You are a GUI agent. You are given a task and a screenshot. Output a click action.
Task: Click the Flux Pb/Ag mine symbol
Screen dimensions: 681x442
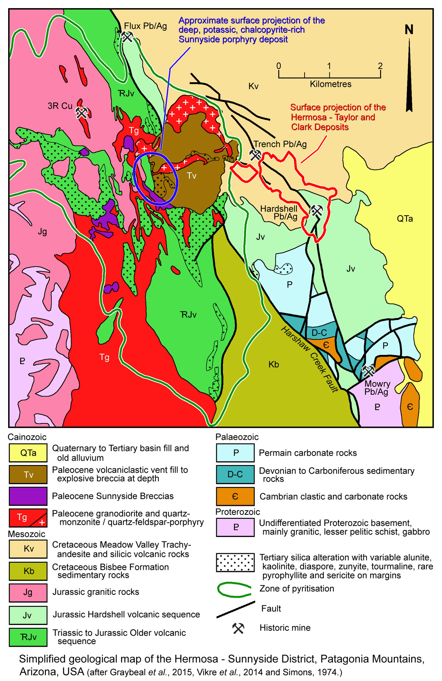tap(127, 36)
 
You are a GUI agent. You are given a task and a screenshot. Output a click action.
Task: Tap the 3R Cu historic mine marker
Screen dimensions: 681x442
tap(81, 112)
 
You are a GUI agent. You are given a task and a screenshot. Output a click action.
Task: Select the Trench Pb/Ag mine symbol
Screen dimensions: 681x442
tap(255, 154)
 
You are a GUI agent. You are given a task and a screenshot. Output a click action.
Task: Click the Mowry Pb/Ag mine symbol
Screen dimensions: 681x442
tap(368, 371)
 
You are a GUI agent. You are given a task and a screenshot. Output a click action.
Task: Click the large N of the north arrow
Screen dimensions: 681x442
tap(409, 30)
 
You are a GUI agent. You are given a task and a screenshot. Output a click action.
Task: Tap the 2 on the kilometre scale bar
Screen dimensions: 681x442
tap(380, 66)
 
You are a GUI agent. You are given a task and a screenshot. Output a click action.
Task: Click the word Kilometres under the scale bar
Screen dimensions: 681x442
tap(330, 84)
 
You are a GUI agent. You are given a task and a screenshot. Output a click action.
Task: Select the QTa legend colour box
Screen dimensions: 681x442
tap(28, 453)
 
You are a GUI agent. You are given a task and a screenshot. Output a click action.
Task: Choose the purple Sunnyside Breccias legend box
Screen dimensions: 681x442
tap(28, 496)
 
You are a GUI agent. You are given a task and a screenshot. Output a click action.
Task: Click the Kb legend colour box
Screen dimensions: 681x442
tap(28, 571)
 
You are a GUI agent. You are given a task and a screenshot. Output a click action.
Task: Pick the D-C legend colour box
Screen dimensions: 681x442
tap(235, 474)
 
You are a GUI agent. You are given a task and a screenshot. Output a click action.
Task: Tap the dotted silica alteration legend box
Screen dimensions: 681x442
tap(235, 562)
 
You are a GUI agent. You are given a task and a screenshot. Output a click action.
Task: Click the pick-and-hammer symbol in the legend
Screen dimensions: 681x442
tap(238, 628)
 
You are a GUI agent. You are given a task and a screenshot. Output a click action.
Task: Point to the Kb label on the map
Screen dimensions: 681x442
tap(273, 364)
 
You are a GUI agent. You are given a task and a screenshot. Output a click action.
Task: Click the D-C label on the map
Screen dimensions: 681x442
tap(319, 333)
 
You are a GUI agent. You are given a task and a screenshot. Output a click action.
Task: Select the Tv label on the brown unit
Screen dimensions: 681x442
tap(192, 176)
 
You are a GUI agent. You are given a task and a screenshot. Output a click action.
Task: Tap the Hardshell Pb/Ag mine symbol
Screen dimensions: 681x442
tap(316, 210)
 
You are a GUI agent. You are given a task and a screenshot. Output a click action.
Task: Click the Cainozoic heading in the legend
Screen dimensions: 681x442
tap(27, 437)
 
